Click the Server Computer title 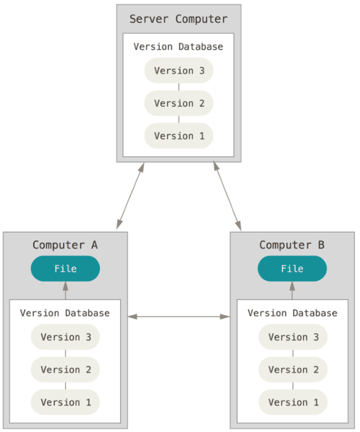(178, 19)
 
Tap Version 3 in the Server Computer (179, 70)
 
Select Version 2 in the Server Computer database (179, 103)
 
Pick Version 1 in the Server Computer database (179, 135)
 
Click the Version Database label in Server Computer (178, 46)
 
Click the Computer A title (65, 245)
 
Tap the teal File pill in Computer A (65, 268)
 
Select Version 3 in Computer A (65, 337)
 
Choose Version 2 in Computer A (65, 369)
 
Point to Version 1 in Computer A (65, 402)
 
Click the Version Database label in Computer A (64, 313)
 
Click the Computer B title (292, 245)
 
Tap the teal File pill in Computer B (292, 268)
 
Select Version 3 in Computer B (293, 337)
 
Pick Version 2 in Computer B (293, 369)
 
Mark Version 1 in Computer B (293, 402)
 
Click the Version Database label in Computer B (293, 313)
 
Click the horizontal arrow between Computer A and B (179, 317)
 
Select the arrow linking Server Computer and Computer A (130, 196)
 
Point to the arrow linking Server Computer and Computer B (228, 196)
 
